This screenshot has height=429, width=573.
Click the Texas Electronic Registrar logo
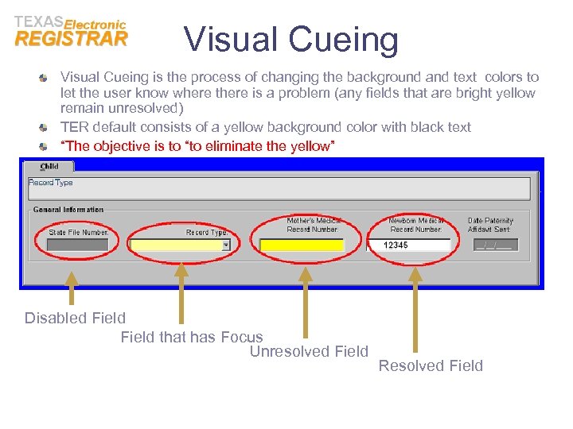click(71, 32)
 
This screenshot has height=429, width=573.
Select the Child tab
click(49, 166)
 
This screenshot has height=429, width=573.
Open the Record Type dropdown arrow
click(225, 245)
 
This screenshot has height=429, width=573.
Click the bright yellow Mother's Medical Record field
click(302, 245)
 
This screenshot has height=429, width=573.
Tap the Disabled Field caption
click(75, 318)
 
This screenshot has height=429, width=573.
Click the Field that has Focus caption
click(192, 337)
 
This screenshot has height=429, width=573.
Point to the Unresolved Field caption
click(309, 351)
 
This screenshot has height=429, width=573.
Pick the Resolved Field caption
click(431, 365)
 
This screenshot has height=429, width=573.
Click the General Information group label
click(68, 210)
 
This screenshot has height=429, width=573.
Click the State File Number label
click(79, 233)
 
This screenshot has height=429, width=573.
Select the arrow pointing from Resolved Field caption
click(414, 310)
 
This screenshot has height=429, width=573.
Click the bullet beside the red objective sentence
click(44, 146)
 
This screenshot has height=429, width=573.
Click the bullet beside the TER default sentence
click(44, 127)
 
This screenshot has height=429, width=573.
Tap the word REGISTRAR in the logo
click(71, 39)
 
